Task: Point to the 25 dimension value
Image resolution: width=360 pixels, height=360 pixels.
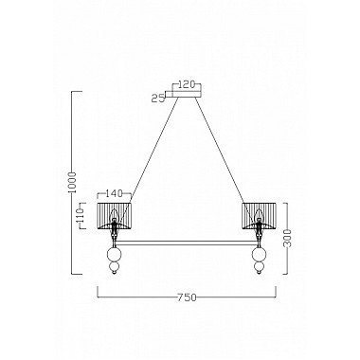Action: tap(157, 96)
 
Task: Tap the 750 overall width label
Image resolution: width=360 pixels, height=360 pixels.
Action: tap(186, 297)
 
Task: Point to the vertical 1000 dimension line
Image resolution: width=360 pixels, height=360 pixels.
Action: tap(73, 142)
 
